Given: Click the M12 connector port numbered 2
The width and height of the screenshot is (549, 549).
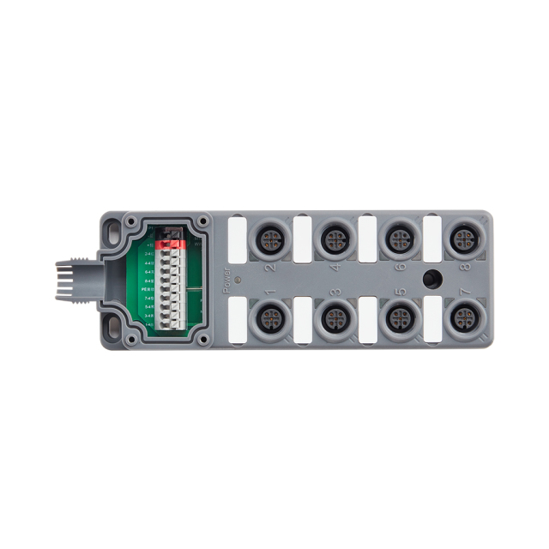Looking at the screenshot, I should (x=268, y=239).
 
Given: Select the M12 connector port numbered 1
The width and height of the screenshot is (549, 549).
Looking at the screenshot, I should (x=268, y=317).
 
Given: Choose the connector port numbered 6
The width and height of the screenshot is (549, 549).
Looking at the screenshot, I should (x=397, y=239).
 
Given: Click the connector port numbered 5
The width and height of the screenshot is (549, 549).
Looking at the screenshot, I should (x=397, y=317).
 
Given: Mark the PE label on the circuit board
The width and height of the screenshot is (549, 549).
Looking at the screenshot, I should (x=148, y=289).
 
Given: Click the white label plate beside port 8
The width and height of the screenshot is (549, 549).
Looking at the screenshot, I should (x=432, y=236).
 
